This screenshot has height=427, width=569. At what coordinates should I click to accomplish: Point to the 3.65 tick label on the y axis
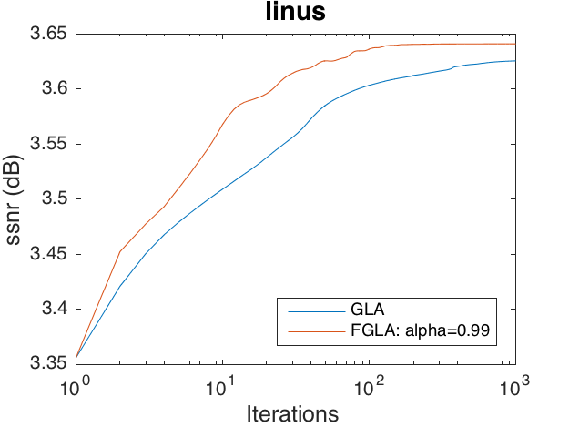point(52,36)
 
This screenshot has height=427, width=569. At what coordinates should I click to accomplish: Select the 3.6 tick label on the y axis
point(56,89)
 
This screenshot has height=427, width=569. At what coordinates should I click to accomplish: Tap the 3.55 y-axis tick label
point(52,144)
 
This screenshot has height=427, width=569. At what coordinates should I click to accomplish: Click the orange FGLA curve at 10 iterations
point(222,123)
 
